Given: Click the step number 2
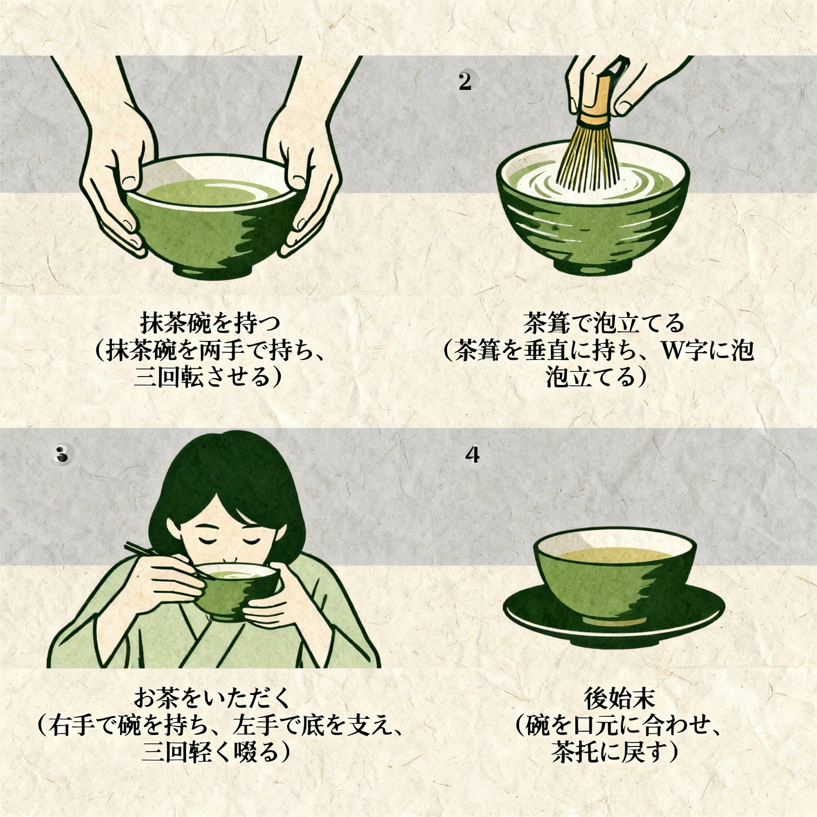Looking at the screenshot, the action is click(465, 82).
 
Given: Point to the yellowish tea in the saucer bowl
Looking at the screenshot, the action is click(615, 553).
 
